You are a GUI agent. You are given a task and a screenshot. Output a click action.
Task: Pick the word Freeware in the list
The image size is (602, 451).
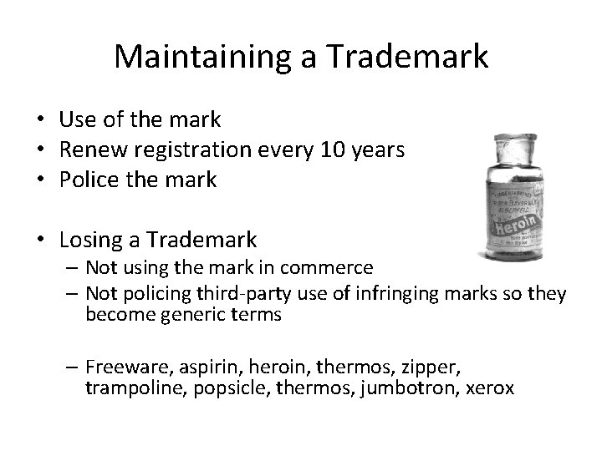(x=125, y=367)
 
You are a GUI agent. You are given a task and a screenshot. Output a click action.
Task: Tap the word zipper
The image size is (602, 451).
(x=435, y=367)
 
